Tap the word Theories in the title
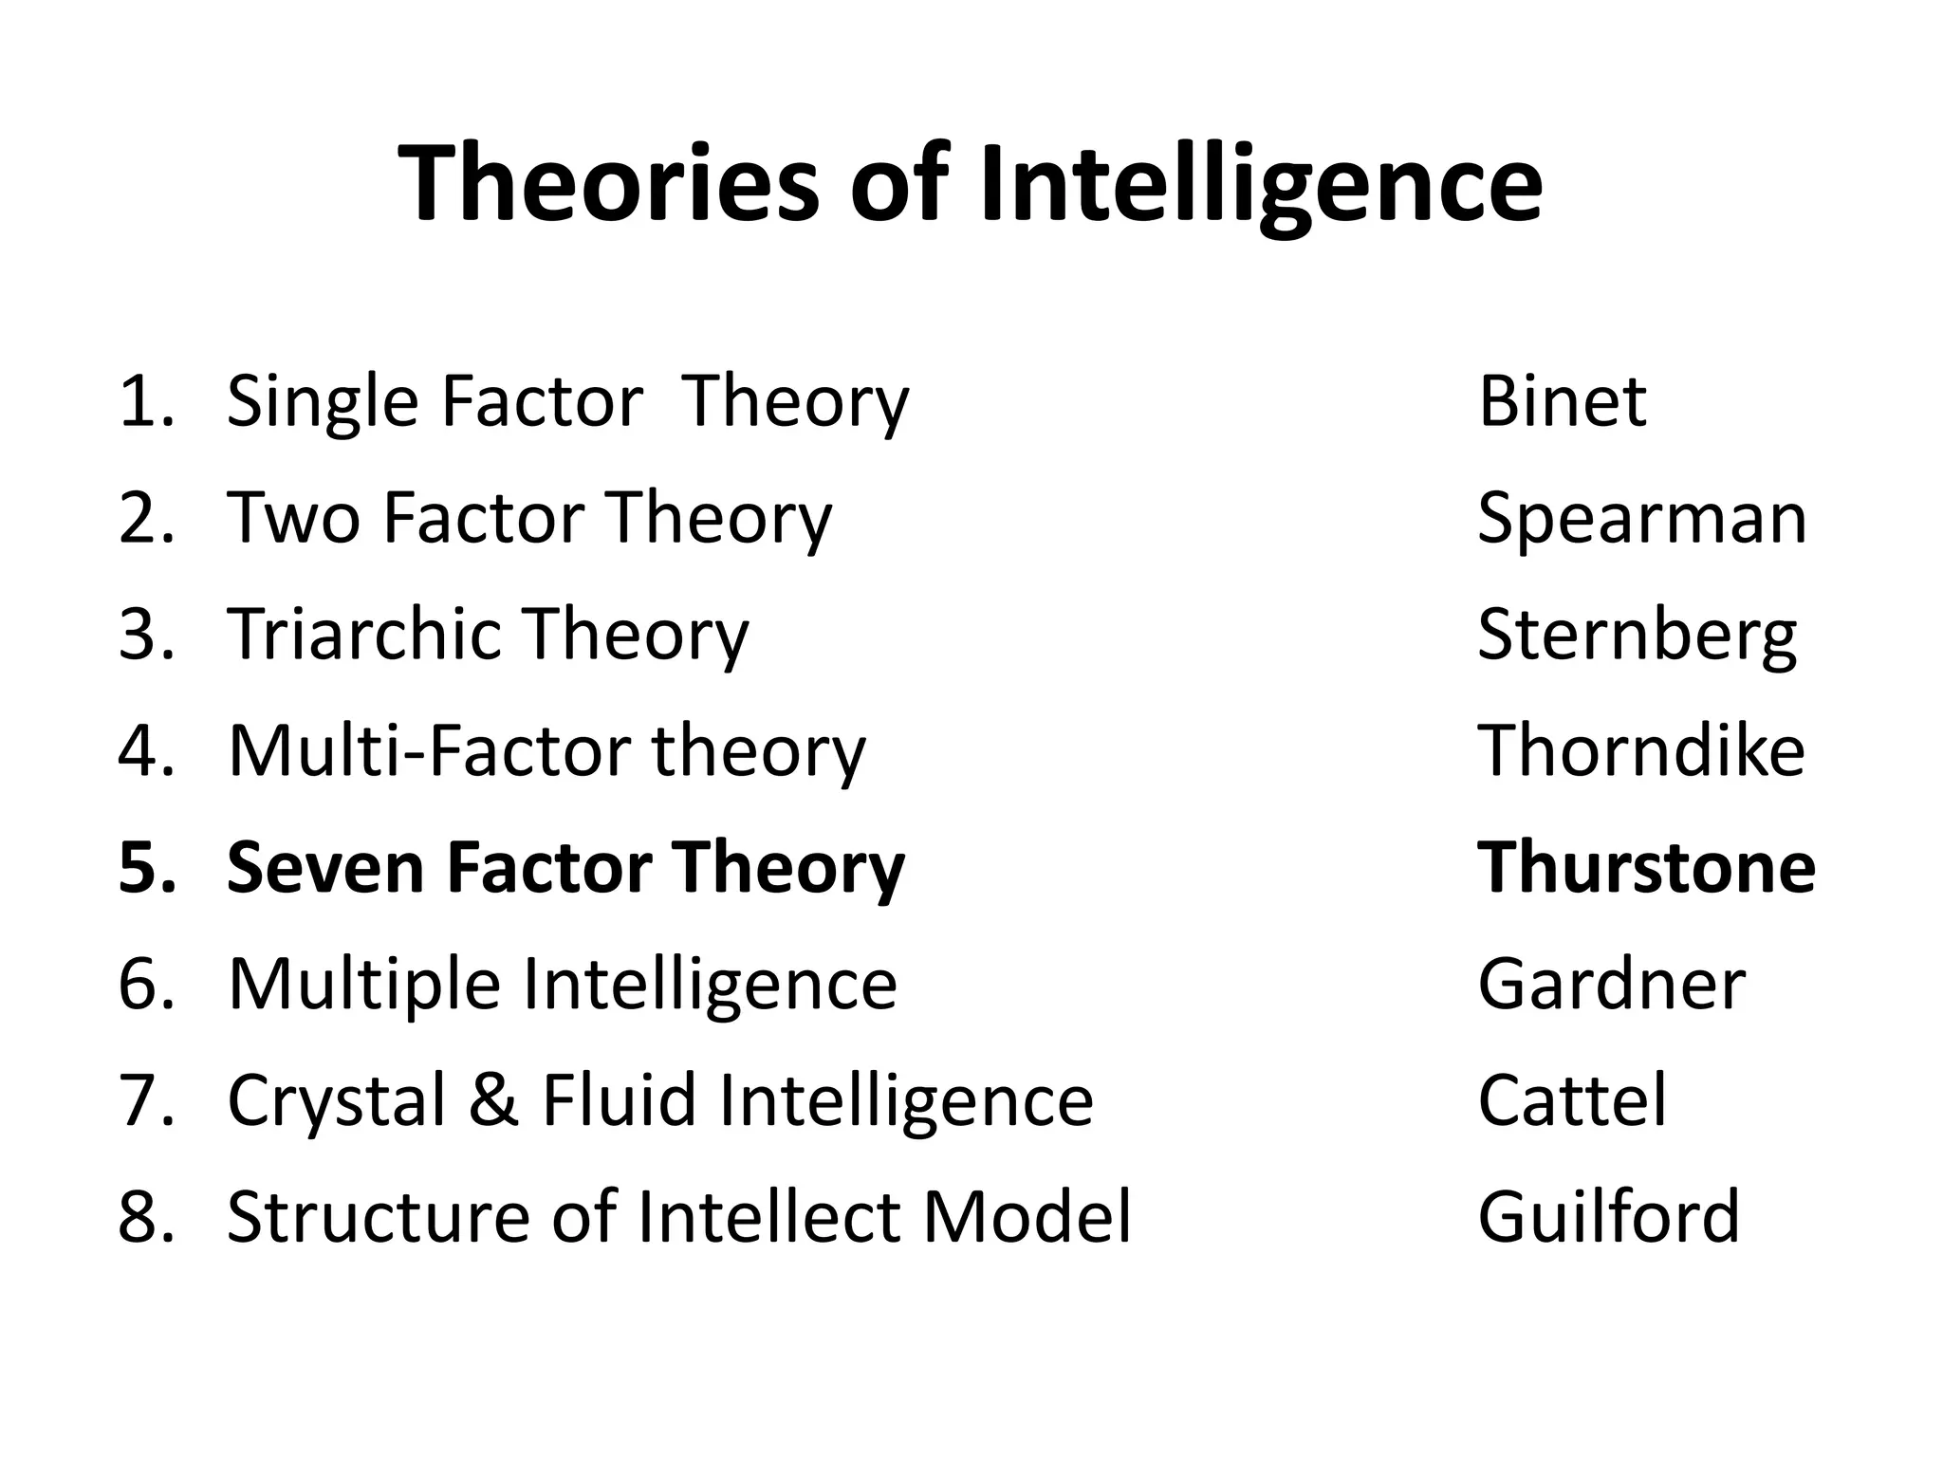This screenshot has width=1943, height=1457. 608,184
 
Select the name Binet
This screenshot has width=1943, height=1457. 1562,402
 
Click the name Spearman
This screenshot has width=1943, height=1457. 1641,519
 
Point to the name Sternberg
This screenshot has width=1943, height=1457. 1637,636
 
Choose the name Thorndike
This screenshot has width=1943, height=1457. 1641,751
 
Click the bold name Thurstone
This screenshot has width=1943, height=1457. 1646,868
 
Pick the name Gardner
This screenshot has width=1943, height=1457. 1611,985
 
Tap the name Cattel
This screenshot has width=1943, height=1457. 1571,1100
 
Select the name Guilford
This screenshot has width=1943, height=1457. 1608,1217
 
